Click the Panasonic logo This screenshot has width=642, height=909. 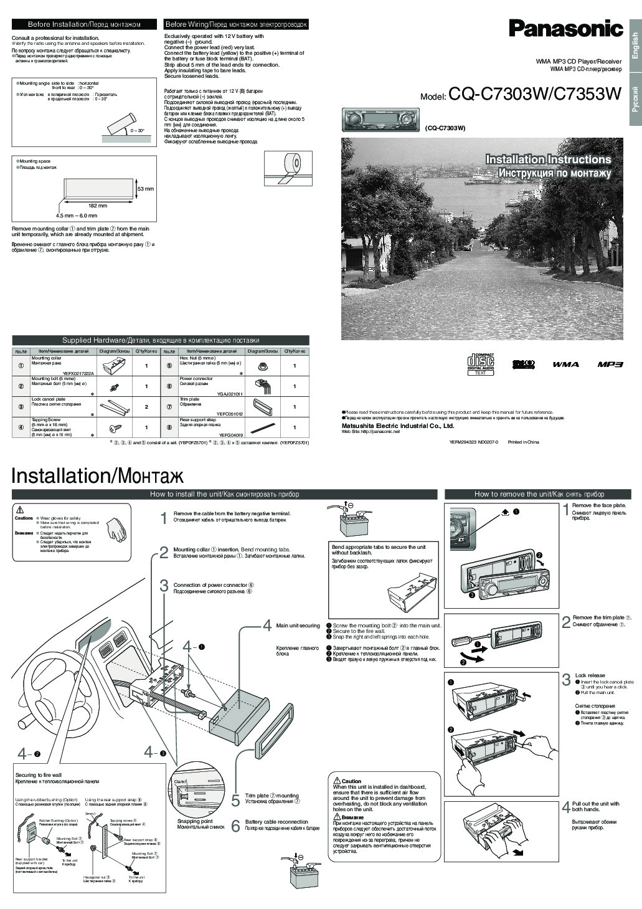[565, 29]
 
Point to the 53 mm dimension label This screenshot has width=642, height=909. [145, 189]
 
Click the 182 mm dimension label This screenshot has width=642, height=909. [98, 206]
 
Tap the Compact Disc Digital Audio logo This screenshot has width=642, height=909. [481, 364]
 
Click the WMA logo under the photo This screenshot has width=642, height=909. [565, 364]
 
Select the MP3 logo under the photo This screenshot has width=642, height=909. [610, 364]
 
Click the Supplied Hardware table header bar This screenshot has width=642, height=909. [161, 340]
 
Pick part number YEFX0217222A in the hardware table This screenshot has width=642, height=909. [78, 373]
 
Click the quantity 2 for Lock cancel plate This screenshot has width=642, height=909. [146, 407]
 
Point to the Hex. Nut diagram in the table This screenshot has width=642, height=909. [262, 364]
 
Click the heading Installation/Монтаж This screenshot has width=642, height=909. [98, 476]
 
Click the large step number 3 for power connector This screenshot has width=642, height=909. [164, 586]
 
